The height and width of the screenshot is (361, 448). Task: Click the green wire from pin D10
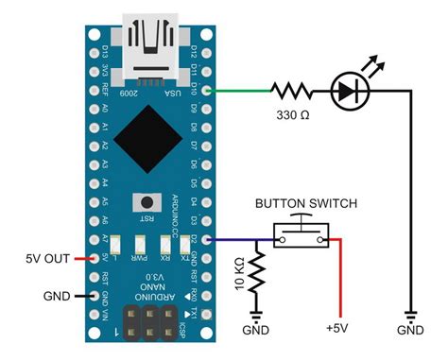[237, 91]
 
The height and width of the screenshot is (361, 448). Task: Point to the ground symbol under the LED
[410, 313]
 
